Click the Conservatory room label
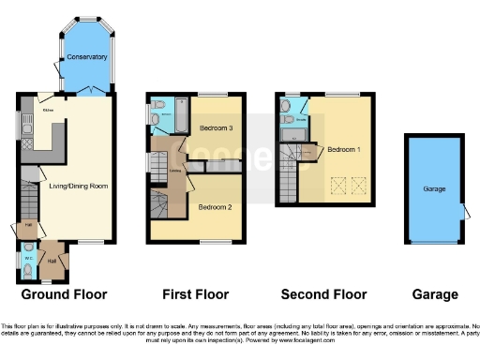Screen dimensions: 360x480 point(85,57)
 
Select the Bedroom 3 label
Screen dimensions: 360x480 point(216,127)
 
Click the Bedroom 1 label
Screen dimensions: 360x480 point(344,148)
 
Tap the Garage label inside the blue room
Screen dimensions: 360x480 point(433,188)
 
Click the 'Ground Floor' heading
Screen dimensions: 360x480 point(64,294)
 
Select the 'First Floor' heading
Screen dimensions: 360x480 point(197,294)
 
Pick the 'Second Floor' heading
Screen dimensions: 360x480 point(325,294)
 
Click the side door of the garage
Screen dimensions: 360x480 point(464,209)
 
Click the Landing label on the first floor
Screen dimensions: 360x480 point(174,171)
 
